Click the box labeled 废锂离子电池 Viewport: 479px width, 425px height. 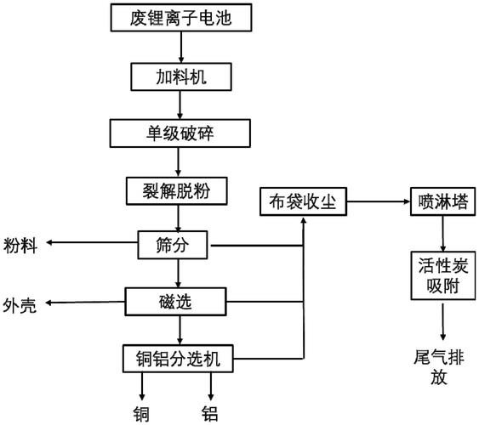pyautogui.click(x=178, y=16)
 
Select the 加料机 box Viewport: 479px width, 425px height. pyautogui.click(x=178, y=77)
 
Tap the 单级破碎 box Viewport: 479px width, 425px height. pyautogui.click(x=178, y=133)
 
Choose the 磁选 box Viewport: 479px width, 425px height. pyautogui.click(x=178, y=300)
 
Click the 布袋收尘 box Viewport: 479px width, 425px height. pyautogui.click(x=303, y=202)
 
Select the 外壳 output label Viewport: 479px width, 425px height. pyautogui.click(x=20, y=303)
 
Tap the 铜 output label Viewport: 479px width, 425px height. pyautogui.click(x=141, y=414)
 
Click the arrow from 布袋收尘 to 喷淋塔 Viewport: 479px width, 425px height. pyautogui.click(x=378, y=202)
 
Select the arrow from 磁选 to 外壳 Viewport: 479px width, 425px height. pyautogui.click(x=85, y=301)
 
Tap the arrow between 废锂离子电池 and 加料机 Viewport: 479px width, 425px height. pyautogui.click(x=178, y=46)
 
